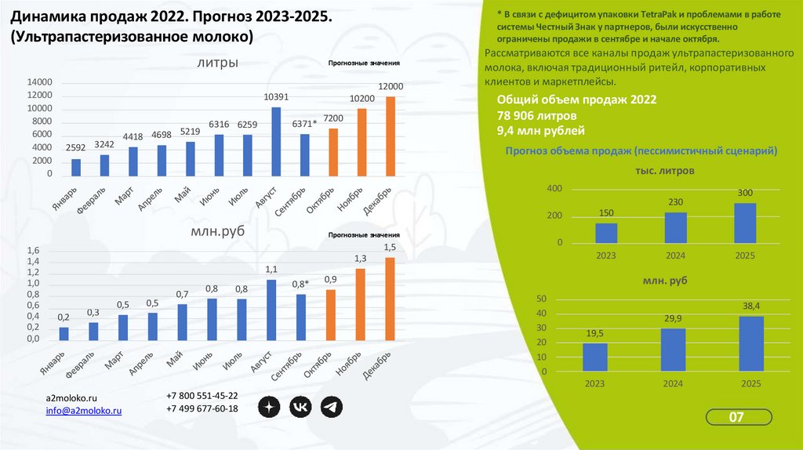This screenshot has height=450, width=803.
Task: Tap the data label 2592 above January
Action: (76, 147)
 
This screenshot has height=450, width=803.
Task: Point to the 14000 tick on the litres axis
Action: (39, 82)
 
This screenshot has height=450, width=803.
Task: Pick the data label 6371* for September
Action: (304, 124)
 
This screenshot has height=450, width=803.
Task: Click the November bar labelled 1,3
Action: (361, 304)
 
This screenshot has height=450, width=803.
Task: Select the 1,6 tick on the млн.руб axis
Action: (33, 250)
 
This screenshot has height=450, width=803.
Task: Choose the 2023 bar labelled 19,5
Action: (595, 357)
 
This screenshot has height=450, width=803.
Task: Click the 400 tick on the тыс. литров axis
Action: (554, 189)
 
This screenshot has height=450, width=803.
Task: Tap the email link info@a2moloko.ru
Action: (83, 410)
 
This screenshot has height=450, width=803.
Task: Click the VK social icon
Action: (300, 406)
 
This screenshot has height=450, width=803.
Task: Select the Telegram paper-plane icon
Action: (332, 406)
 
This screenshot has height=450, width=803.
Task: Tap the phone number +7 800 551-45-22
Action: (202, 396)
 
